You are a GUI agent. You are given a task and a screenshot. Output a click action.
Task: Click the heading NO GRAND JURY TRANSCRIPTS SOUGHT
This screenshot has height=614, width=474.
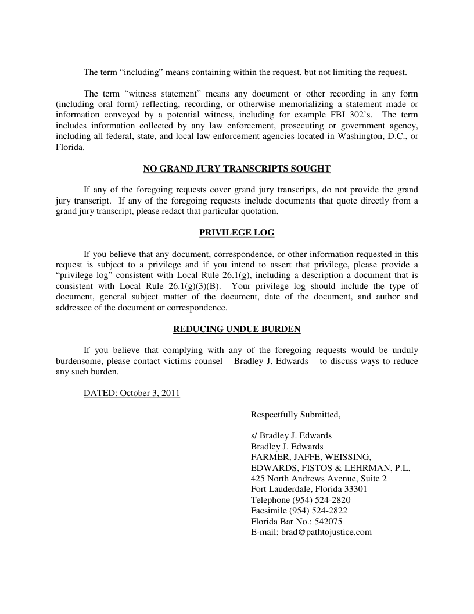click(x=236, y=169)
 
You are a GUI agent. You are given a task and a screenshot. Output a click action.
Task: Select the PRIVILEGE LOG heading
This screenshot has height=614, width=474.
click(x=236, y=233)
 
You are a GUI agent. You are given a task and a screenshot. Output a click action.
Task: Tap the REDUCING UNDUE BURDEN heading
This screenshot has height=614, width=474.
click(x=236, y=329)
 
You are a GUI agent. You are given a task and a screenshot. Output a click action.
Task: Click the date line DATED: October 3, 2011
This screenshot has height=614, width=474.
click(x=132, y=393)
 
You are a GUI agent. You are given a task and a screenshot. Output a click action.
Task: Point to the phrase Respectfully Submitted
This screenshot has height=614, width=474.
click(x=295, y=415)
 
